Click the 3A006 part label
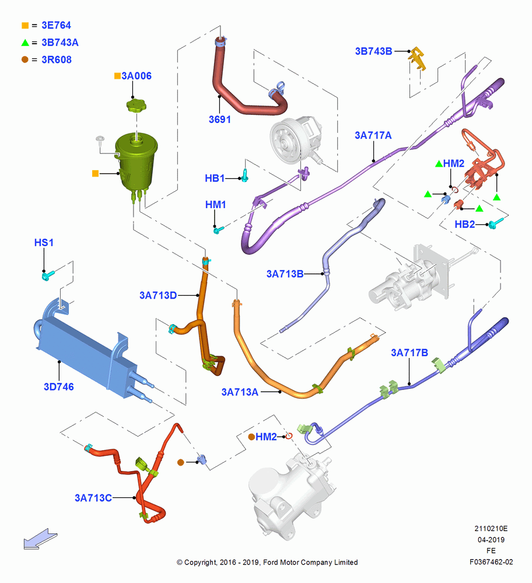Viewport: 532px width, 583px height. [x=136, y=76]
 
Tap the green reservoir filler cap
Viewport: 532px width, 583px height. [x=136, y=105]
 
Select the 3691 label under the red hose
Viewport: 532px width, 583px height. [x=219, y=120]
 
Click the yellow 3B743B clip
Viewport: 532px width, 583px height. [x=418, y=58]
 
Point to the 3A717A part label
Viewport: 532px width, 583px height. [x=373, y=135]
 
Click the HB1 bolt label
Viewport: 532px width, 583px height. [x=215, y=178]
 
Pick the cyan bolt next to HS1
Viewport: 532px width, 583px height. [x=48, y=276]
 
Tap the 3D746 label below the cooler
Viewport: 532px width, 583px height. [x=59, y=387]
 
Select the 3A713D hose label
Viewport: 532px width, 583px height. [x=158, y=295]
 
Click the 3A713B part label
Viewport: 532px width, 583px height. [x=285, y=274]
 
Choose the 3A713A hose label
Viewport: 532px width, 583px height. [x=240, y=392]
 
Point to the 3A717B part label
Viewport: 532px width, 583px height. [x=409, y=353]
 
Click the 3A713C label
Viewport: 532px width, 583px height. [x=93, y=498]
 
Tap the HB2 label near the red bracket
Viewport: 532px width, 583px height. [x=465, y=224]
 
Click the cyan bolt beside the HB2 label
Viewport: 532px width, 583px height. [x=495, y=223]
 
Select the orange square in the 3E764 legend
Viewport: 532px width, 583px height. [x=25, y=25]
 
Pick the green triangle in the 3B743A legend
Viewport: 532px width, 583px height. [x=25, y=43]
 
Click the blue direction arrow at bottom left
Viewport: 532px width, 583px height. [x=40, y=539]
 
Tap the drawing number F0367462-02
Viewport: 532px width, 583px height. [x=491, y=562]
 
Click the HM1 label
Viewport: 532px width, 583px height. [x=216, y=205]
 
